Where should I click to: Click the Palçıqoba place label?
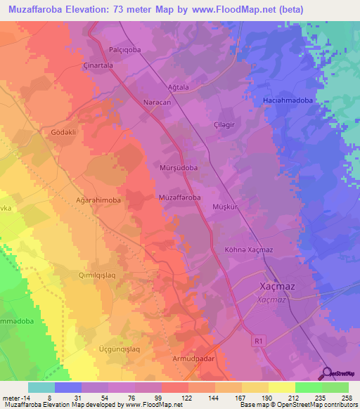pos(126,50)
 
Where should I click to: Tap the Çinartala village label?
pos(98,64)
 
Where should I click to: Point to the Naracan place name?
pos(157,102)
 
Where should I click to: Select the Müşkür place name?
pos(226,207)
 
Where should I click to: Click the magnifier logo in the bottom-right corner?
pos(328,373)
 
